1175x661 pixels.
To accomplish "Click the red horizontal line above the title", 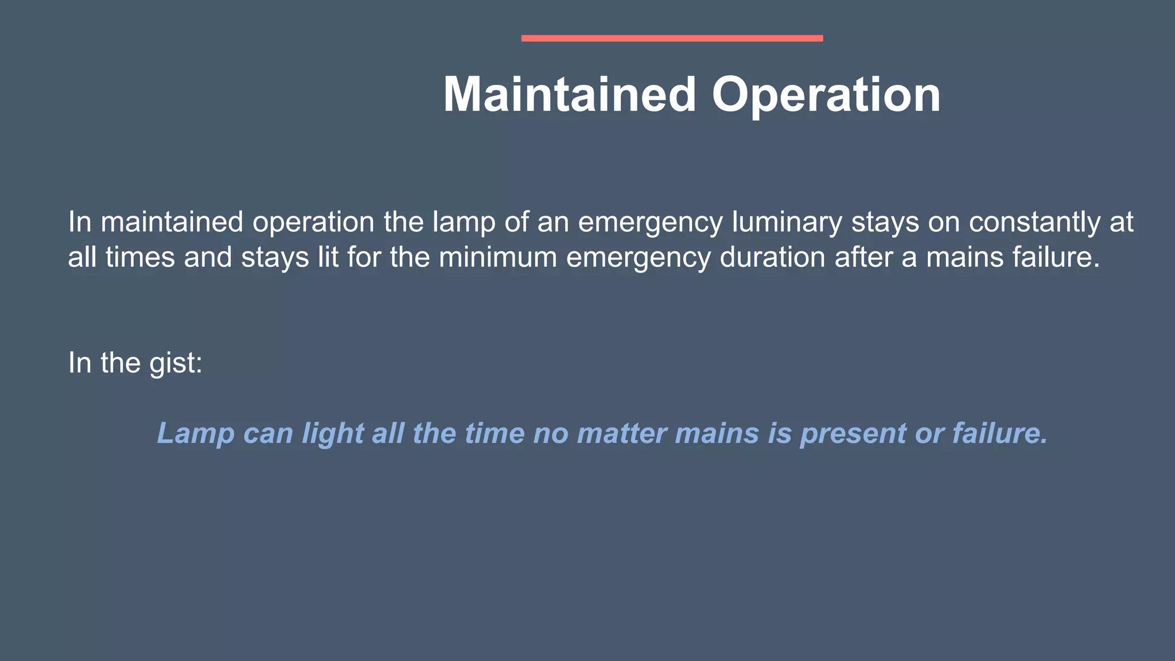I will [x=672, y=38].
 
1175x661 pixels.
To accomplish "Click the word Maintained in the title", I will [x=569, y=95].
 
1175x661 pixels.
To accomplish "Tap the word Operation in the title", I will [x=826, y=95].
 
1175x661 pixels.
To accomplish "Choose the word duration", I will [x=772, y=257].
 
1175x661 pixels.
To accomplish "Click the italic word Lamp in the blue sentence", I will [x=196, y=433].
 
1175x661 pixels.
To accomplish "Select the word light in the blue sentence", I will [x=333, y=433].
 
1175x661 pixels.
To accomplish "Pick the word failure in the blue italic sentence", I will [x=1000, y=433].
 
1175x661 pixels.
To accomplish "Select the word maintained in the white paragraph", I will [x=172, y=223].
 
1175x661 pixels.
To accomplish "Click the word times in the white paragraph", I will [x=140, y=257].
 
